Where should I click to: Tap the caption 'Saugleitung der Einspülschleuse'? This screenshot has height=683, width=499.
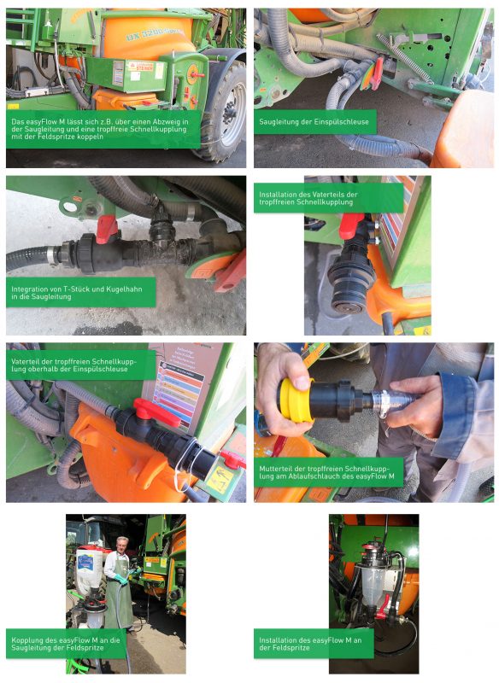pyautogui.click(x=314, y=122)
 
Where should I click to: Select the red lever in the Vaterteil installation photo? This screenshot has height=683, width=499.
pyautogui.click(x=350, y=226)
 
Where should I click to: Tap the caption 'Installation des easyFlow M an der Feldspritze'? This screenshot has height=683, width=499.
pyautogui.click(x=313, y=644)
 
